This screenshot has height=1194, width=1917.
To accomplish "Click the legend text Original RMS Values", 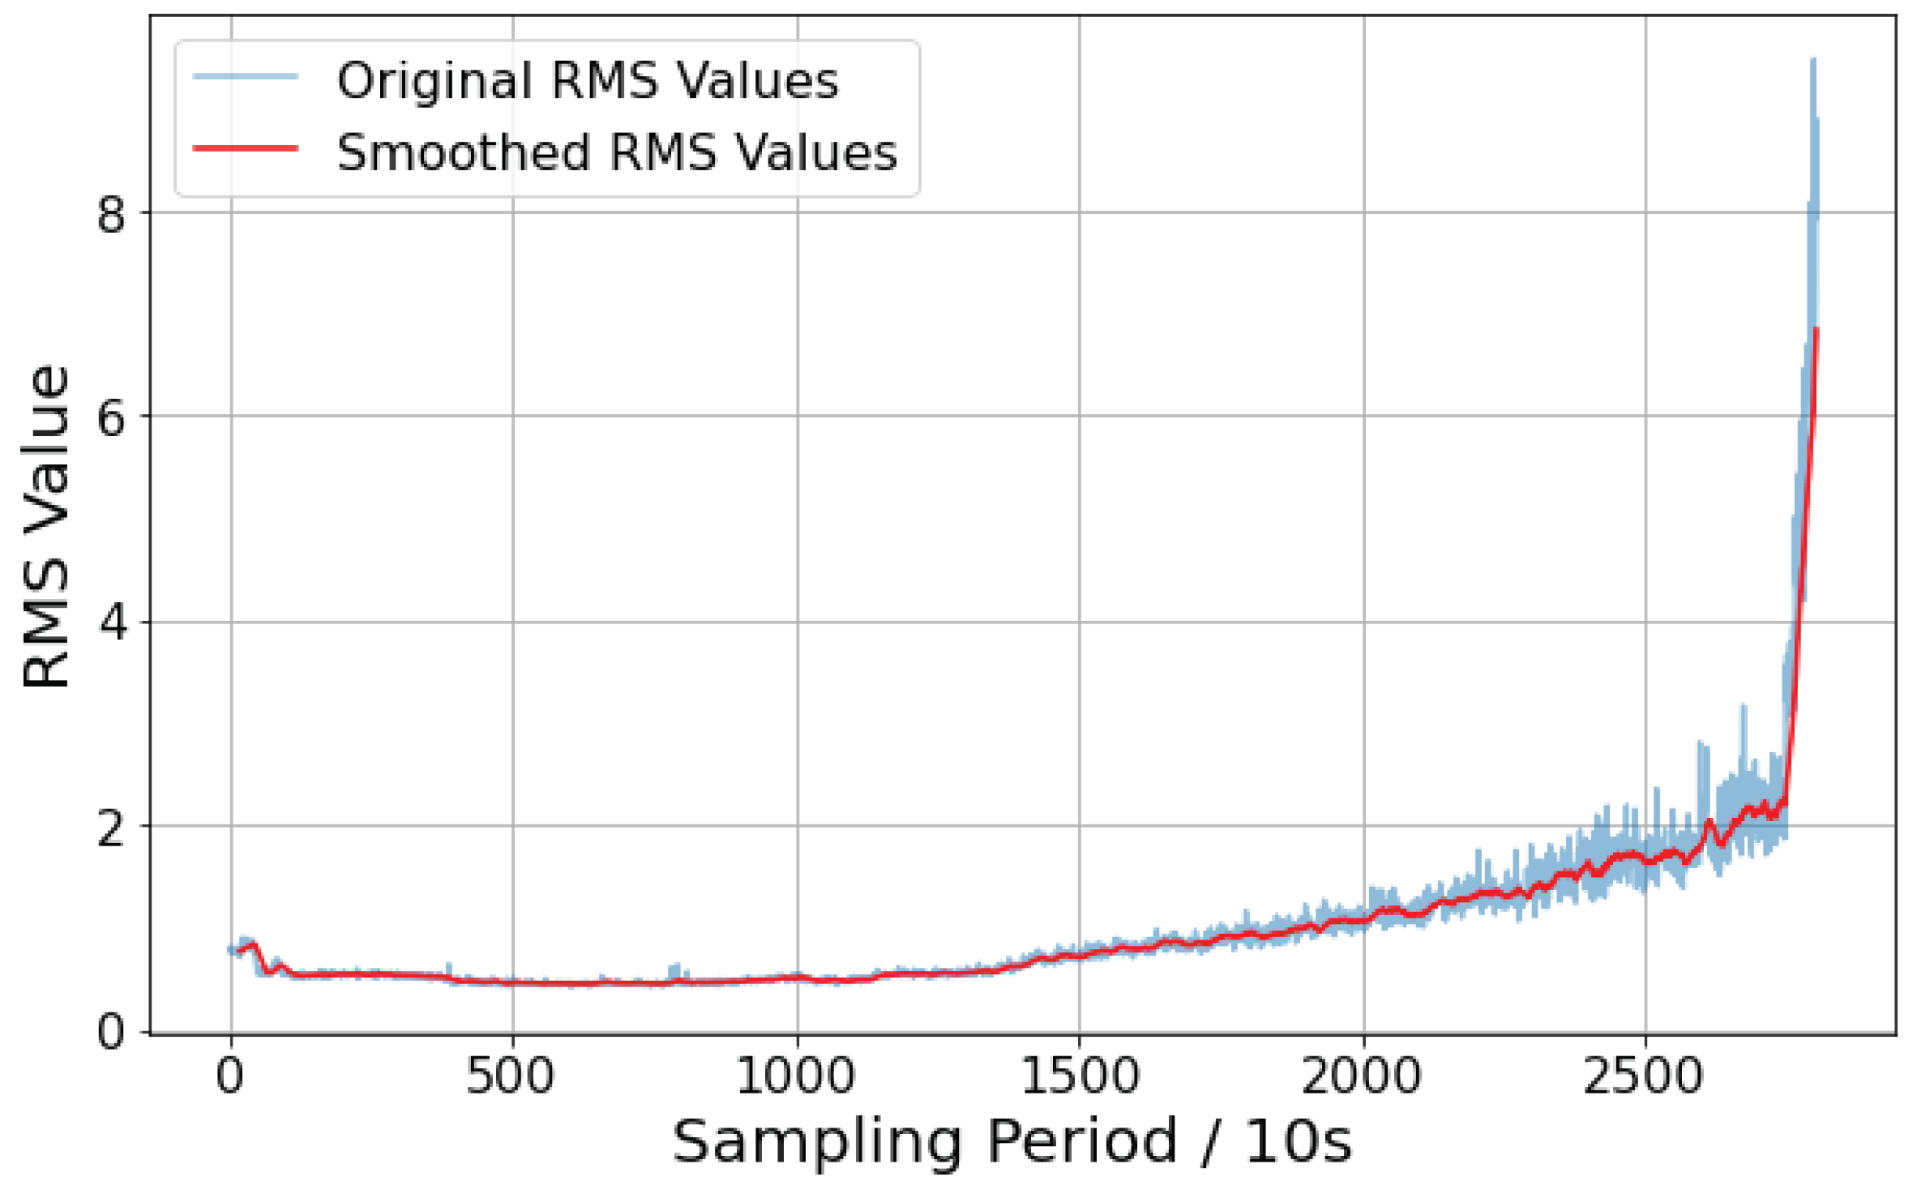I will tap(587, 81).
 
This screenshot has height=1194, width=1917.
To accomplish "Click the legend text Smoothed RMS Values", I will tap(617, 152).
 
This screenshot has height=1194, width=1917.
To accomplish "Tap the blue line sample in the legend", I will tap(246, 77).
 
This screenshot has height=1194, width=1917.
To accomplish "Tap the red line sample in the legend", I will tap(246, 148).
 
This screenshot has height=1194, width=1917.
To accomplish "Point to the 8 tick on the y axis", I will tap(111, 215).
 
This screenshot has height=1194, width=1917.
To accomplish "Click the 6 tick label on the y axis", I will tap(111, 419).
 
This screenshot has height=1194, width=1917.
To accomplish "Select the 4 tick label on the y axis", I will tap(111, 624).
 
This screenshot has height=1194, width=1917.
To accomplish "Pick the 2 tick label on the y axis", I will tap(111, 828).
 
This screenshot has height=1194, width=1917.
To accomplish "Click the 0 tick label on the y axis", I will tap(111, 1033).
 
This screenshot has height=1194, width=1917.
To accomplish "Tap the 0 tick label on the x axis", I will tap(230, 1077).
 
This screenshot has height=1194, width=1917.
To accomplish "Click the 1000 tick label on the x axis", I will tap(795, 1077).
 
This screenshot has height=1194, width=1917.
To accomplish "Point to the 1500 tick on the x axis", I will tap(1079, 1077).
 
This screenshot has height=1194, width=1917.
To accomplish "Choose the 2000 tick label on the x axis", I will tap(1362, 1077).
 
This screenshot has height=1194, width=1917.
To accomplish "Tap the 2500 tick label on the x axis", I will tap(1644, 1077).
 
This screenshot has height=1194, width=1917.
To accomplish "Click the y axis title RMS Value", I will tap(46, 527).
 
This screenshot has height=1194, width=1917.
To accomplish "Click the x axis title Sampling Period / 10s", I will tap(1012, 1142).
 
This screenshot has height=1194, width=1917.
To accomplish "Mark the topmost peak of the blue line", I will tap(1813, 61).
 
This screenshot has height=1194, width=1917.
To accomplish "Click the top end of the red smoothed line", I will tap(1816, 329).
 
